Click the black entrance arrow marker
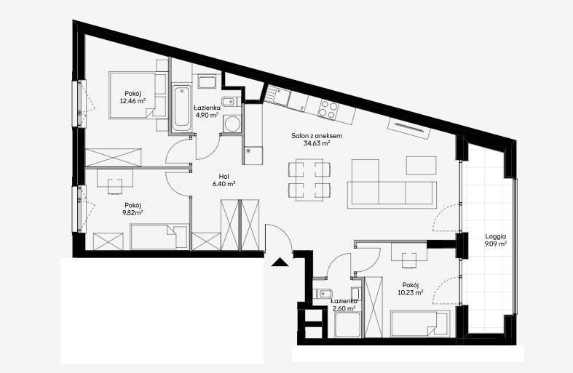[x=280, y=262]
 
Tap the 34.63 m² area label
[x=317, y=143]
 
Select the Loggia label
[x=496, y=236]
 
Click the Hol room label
[x=224, y=176]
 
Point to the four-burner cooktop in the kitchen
[x=328, y=109]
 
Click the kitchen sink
[x=281, y=95]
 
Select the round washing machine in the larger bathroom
[x=232, y=124]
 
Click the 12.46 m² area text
[x=133, y=101]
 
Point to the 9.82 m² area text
[x=133, y=212]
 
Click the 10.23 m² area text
[x=411, y=292]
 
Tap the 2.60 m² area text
[x=344, y=308]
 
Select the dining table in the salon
[x=309, y=179]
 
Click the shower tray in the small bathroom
[x=347, y=325]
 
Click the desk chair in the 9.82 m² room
[x=115, y=185]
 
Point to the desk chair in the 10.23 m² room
[x=409, y=260]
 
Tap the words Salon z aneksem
[x=317, y=136]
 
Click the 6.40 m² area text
[x=224, y=184]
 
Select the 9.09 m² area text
[x=496, y=244]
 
